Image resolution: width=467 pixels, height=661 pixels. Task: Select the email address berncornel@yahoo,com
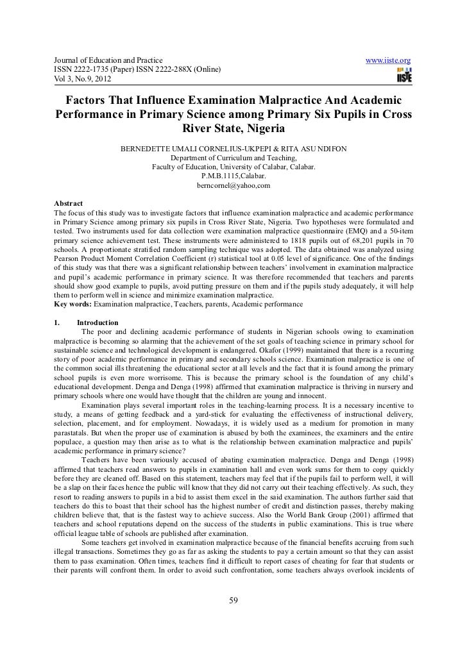tap(234, 185)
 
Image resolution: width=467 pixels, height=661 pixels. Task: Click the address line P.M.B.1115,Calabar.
tap(234, 176)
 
